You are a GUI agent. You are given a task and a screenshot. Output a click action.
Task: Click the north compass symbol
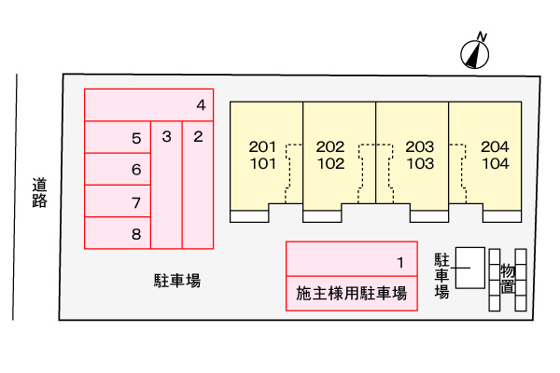coord(477,52)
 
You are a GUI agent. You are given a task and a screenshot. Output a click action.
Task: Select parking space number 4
coord(149,104)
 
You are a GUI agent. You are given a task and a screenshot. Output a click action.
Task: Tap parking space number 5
coord(118,138)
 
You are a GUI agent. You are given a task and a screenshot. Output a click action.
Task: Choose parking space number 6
coord(118,170)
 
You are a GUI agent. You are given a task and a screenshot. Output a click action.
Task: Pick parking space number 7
coord(118,201)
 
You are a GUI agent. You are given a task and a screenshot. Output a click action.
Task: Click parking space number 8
coord(118,233)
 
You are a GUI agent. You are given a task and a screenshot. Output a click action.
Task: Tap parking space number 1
coord(351,260)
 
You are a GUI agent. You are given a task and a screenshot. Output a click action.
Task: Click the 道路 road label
coord(38,192)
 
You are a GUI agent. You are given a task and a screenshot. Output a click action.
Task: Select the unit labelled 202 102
coord(330,155)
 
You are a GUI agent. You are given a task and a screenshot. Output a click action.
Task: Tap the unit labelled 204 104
coord(495,155)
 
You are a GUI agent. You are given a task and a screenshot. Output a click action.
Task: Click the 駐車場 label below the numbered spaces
coord(177,280)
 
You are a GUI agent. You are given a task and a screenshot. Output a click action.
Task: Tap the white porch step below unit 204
coord(501,216)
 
